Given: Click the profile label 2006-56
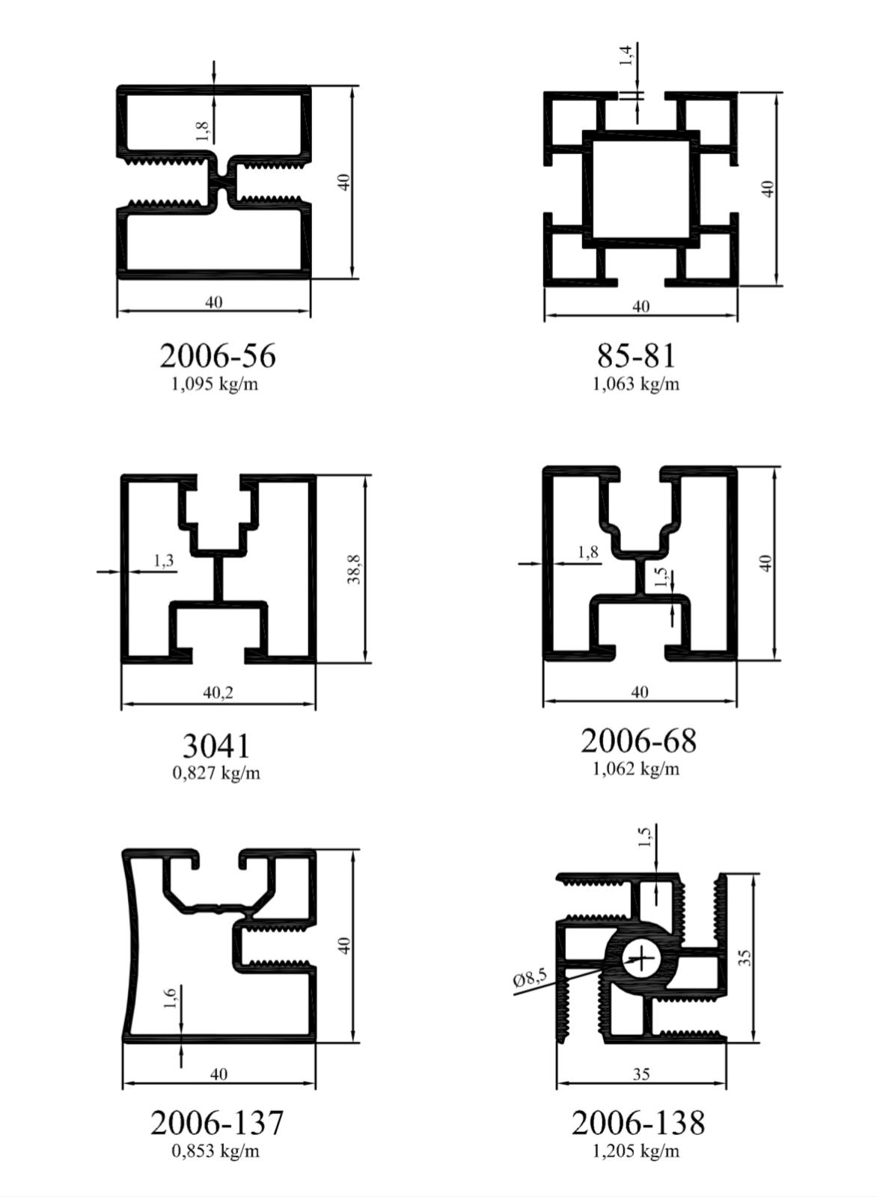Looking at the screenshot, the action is [x=218, y=356].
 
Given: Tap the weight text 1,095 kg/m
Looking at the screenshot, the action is [x=214, y=384].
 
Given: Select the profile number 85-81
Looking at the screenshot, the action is [x=636, y=356].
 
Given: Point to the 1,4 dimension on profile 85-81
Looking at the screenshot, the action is [x=626, y=56].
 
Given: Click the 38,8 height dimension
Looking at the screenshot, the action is [x=354, y=569].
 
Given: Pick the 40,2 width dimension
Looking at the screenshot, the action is [x=218, y=693].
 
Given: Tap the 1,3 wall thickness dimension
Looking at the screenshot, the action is [x=164, y=560].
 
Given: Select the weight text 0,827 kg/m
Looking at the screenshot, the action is [x=216, y=774].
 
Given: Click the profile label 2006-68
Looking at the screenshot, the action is [x=638, y=741].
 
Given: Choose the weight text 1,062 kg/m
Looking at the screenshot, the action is [x=636, y=769].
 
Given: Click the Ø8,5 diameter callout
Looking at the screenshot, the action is [x=530, y=979].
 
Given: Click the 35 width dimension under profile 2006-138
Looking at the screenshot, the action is [x=641, y=1074].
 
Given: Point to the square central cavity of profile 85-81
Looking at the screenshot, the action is [x=641, y=189].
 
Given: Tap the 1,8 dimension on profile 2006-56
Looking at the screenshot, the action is [x=202, y=131].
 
